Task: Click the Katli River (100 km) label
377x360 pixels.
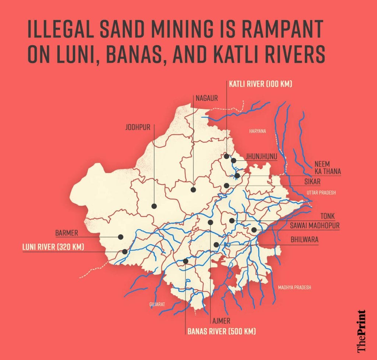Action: pyautogui.click(x=260, y=84)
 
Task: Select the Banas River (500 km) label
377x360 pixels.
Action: pyautogui.click(x=221, y=331)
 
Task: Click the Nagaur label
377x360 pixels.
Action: pyautogui.click(x=207, y=98)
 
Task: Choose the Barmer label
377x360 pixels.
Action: pyautogui.click(x=67, y=233)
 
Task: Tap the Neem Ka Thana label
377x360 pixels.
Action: pyautogui.click(x=327, y=168)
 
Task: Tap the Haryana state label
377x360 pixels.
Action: pyautogui.click(x=257, y=131)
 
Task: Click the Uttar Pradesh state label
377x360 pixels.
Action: pyautogui.click(x=321, y=193)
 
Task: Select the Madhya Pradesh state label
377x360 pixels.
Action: pyautogui.click(x=295, y=287)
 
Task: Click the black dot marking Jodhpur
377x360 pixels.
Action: pyautogui.click(x=154, y=206)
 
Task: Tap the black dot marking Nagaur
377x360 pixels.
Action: pyautogui.click(x=193, y=190)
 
